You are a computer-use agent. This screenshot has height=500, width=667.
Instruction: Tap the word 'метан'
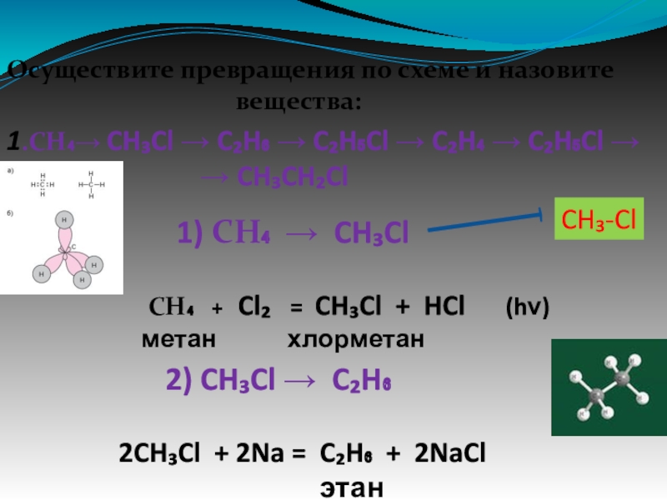(178, 340)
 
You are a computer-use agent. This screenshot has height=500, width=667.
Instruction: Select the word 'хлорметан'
(356, 340)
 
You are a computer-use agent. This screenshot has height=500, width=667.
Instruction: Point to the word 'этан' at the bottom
(352, 487)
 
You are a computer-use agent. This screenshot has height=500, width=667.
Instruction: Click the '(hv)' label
(528, 307)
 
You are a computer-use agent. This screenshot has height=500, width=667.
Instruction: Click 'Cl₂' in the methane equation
(253, 307)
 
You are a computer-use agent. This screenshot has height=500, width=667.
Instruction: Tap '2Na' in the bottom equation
(255, 455)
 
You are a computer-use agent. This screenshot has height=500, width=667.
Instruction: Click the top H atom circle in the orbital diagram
(63, 218)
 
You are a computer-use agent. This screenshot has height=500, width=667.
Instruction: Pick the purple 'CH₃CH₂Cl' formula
(292, 177)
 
